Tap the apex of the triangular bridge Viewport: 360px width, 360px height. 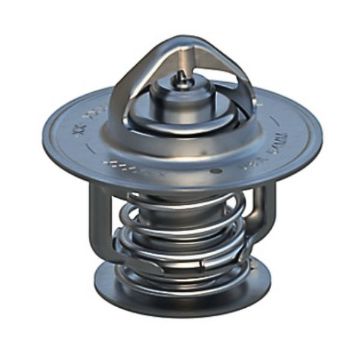click(179, 43)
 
